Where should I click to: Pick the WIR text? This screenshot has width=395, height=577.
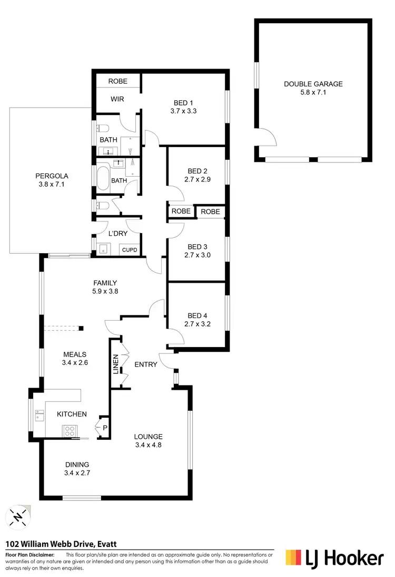click(x=117, y=99)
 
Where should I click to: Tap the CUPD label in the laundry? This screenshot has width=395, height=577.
click(x=130, y=249)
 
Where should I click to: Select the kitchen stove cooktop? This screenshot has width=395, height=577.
click(x=70, y=431)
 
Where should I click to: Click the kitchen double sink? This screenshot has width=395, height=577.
click(x=39, y=417)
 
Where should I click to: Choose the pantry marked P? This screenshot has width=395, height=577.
click(x=103, y=428)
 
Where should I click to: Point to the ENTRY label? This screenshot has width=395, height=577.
click(x=146, y=364)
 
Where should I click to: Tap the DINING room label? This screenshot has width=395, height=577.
click(x=77, y=464)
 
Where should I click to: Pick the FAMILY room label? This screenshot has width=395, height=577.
click(x=105, y=283)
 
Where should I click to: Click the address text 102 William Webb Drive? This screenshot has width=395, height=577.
click(x=48, y=543)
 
